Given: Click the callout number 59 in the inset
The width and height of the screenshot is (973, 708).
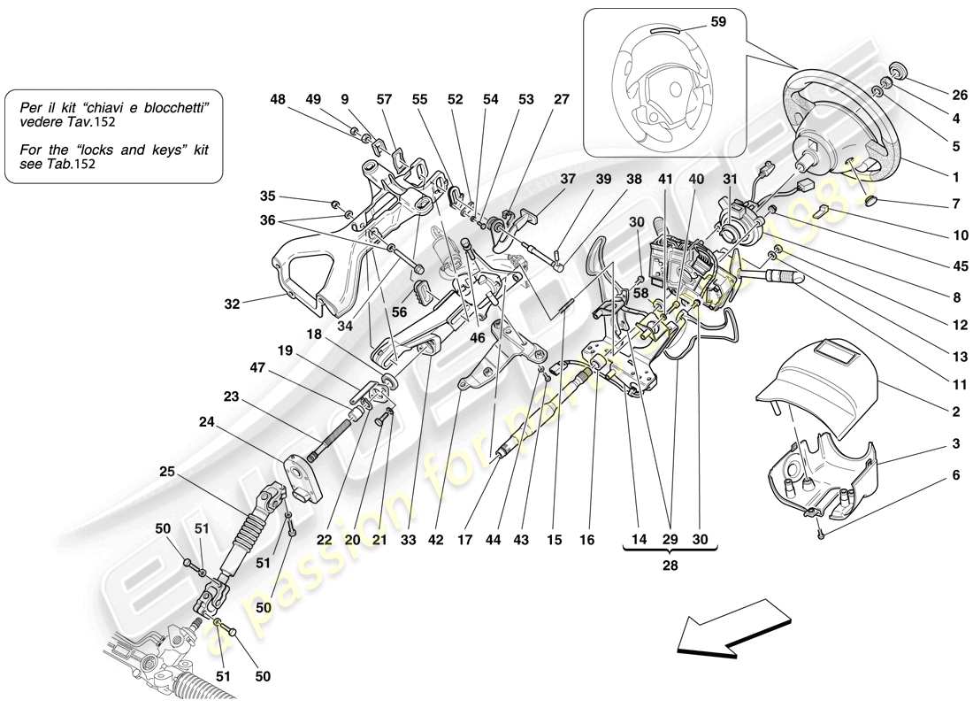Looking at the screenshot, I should click(717, 21).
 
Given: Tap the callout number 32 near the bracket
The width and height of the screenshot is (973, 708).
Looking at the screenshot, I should click(233, 304).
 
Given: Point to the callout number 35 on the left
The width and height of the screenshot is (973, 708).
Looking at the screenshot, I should click(268, 196).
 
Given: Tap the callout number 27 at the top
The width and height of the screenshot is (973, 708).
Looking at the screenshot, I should click(563, 100).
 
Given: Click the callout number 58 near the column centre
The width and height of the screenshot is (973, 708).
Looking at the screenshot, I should click(640, 292).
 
